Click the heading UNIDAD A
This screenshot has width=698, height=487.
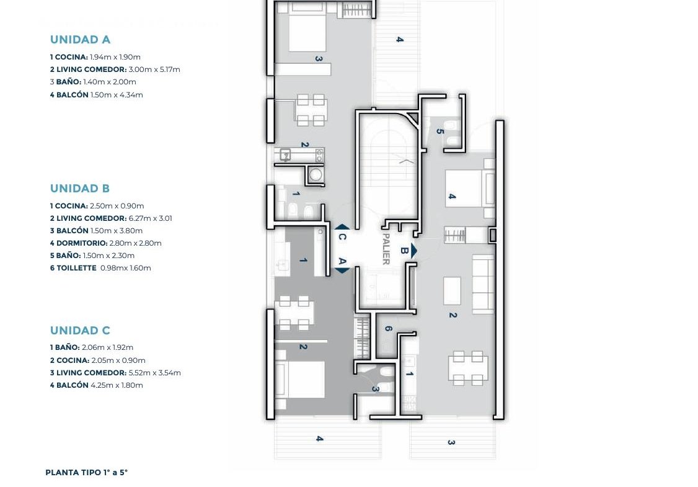coord(80,40)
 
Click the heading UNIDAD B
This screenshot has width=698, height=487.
coord(80,189)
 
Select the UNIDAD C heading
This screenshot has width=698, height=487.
coord(80,331)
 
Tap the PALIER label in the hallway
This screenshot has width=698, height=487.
coord(386,249)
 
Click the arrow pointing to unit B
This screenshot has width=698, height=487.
coord(414,251)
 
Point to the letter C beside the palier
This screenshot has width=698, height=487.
coord(342,237)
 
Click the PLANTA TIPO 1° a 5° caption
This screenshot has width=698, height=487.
coord(86,473)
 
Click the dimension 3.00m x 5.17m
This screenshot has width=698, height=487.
coord(154,69)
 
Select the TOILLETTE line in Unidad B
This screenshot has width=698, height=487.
coord(100,268)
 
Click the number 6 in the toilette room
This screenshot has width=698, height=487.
coord(388,329)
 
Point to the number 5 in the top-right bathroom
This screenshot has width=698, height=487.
coord(440,132)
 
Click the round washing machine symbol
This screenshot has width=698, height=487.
coord(316,175)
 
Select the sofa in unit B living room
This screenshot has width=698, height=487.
coord(483,284)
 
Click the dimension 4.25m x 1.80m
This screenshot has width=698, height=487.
coord(117,385)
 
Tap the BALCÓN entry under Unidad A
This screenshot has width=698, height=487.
coord(97,95)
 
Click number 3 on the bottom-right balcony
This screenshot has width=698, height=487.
coord(451,442)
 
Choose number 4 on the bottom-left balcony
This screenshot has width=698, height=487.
coord(319,439)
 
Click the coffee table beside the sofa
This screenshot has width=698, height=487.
coord(453,291)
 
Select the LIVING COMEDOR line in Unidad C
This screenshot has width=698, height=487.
coord(115,373)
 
